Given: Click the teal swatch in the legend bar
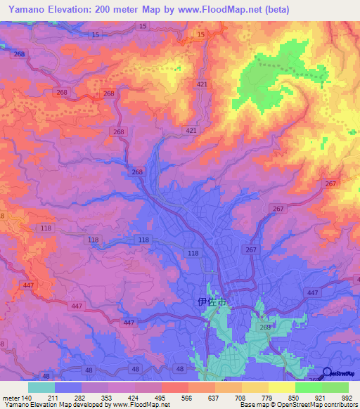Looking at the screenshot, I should coord(41,387).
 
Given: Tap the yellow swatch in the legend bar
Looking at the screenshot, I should coord(282,387).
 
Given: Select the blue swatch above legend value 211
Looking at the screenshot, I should coord(68,387).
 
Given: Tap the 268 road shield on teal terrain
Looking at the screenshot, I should coord(264,327).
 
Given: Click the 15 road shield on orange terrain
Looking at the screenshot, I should coord(201,34).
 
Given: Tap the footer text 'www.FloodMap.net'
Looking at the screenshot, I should coord(143,405).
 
